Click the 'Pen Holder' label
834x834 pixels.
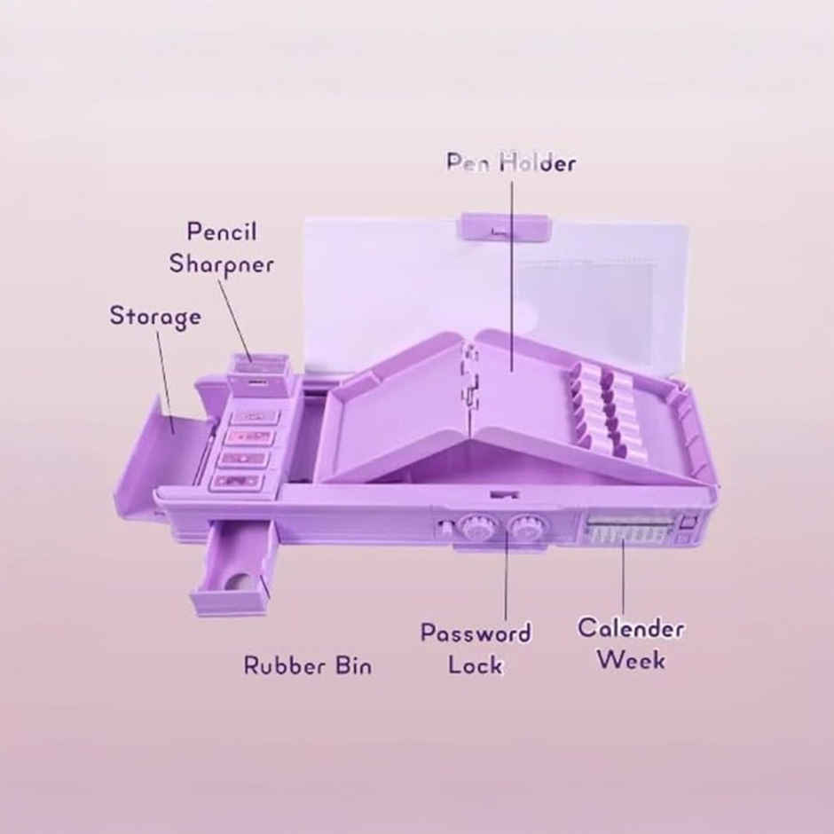511,162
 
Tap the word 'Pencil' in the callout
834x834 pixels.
222,232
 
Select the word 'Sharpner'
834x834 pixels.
221,264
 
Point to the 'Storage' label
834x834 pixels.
155,317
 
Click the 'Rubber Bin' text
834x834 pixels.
308,665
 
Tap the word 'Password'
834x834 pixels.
476,633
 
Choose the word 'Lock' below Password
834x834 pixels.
475,665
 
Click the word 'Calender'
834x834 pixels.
631,628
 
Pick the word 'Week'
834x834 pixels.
631,659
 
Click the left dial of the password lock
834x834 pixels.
474,528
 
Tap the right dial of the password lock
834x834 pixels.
523,528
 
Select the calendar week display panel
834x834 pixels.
630,528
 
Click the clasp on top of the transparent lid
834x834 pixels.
503,228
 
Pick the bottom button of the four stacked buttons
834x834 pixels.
239,482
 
